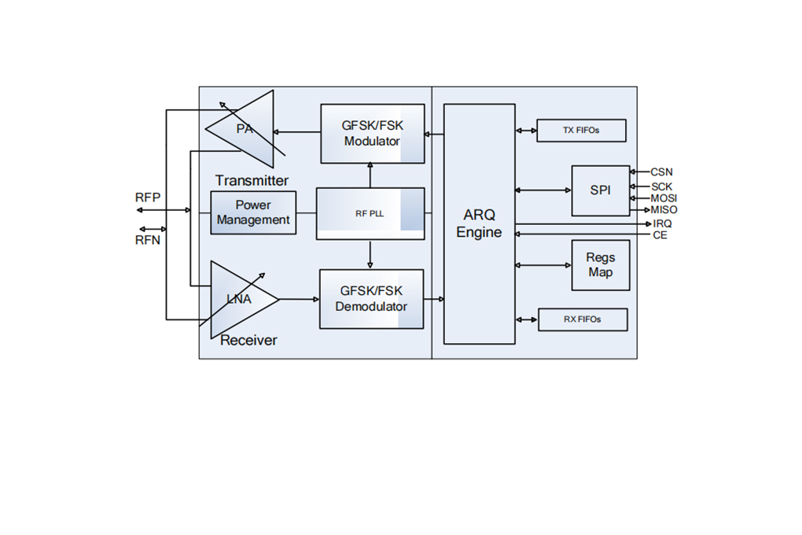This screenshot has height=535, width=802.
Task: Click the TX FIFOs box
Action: click(x=581, y=131)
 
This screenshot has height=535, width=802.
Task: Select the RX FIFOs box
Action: click(x=583, y=319)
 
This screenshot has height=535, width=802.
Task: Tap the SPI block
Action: click(x=601, y=190)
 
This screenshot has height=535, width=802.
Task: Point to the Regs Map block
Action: click(x=601, y=265)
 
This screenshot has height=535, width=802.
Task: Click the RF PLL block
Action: click(x=370, y=213)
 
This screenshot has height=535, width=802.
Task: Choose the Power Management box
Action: click(x=253, y=213)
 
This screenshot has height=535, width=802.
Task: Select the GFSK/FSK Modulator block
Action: click(x=373, y=134)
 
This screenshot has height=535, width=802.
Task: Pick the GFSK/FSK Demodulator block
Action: click(x=371, y=299)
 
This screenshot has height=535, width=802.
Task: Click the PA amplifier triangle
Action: click(x=245, y=129)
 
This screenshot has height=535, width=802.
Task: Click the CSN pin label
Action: click(x=661, y=172)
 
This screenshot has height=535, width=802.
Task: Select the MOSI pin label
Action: click(x=664, y=198)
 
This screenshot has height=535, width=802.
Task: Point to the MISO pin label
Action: click(x=664, y=210)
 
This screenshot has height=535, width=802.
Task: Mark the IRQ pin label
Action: click(x=662, y=223)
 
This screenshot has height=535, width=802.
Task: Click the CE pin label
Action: click(x=660, y=235)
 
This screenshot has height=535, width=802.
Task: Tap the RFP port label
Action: click(x=148, y=197)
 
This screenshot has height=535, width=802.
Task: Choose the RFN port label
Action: click(x=148, y=240)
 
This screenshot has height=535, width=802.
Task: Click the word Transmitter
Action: click(x=252, y=180)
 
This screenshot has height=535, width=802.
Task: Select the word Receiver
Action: click(x=248, y=340)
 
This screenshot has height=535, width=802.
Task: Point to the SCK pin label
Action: click(x=661, y=187)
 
